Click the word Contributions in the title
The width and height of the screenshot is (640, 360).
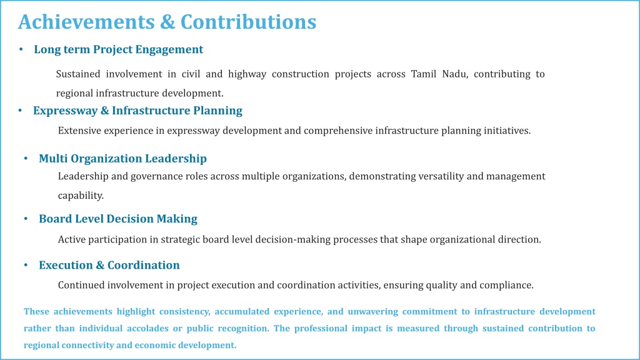[x=248, y=22]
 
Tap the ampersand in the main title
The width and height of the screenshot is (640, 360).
[x=167, y=22]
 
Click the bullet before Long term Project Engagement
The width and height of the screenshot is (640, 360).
[x=21, y=49]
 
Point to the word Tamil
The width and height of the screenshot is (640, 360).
[x=423, y=74]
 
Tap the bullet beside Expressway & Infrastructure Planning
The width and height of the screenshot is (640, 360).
[x=20, y=111]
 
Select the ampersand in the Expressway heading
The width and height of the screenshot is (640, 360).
[x=104, y=111]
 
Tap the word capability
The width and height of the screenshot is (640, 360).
[x=81, y=196]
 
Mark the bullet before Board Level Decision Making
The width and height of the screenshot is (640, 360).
[x=26, y=219]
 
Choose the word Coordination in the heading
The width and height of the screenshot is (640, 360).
[x=143, y=265]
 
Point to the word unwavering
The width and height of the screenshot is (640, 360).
[x=372, y=311]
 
